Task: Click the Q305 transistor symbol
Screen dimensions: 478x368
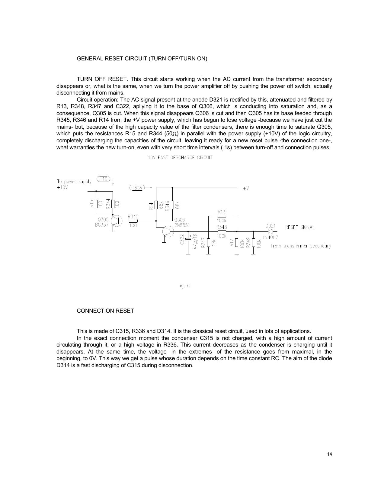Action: [x=116, y=221]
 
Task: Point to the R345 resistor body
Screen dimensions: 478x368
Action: [x=133, y=221]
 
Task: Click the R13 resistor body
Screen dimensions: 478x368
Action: [x=222, y=216]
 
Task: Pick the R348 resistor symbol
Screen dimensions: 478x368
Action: [x=222, y=231]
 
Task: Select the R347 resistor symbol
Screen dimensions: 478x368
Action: [x=208, y=242]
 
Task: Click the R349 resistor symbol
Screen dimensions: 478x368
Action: [x=254, y=242]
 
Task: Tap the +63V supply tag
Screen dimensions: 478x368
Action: [x=137, y=188]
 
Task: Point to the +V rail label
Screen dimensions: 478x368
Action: [x=246, y=188]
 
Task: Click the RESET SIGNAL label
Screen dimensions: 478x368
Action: [x=300, y=227]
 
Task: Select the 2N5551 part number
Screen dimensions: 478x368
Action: [x=182, y=225]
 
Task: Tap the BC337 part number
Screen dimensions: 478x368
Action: [x=101, y=225]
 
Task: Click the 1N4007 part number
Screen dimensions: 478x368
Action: [x=270, y=237]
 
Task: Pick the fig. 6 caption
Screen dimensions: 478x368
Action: [x=184, y=286]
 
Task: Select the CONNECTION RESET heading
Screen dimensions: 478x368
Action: [x=105, y=311]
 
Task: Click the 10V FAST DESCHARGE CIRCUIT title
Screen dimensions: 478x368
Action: [x=180, y=157]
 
